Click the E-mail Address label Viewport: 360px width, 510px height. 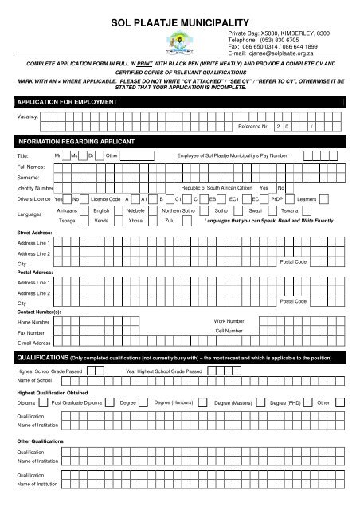point(37,343)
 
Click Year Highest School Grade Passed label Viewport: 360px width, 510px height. point(165,372)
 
